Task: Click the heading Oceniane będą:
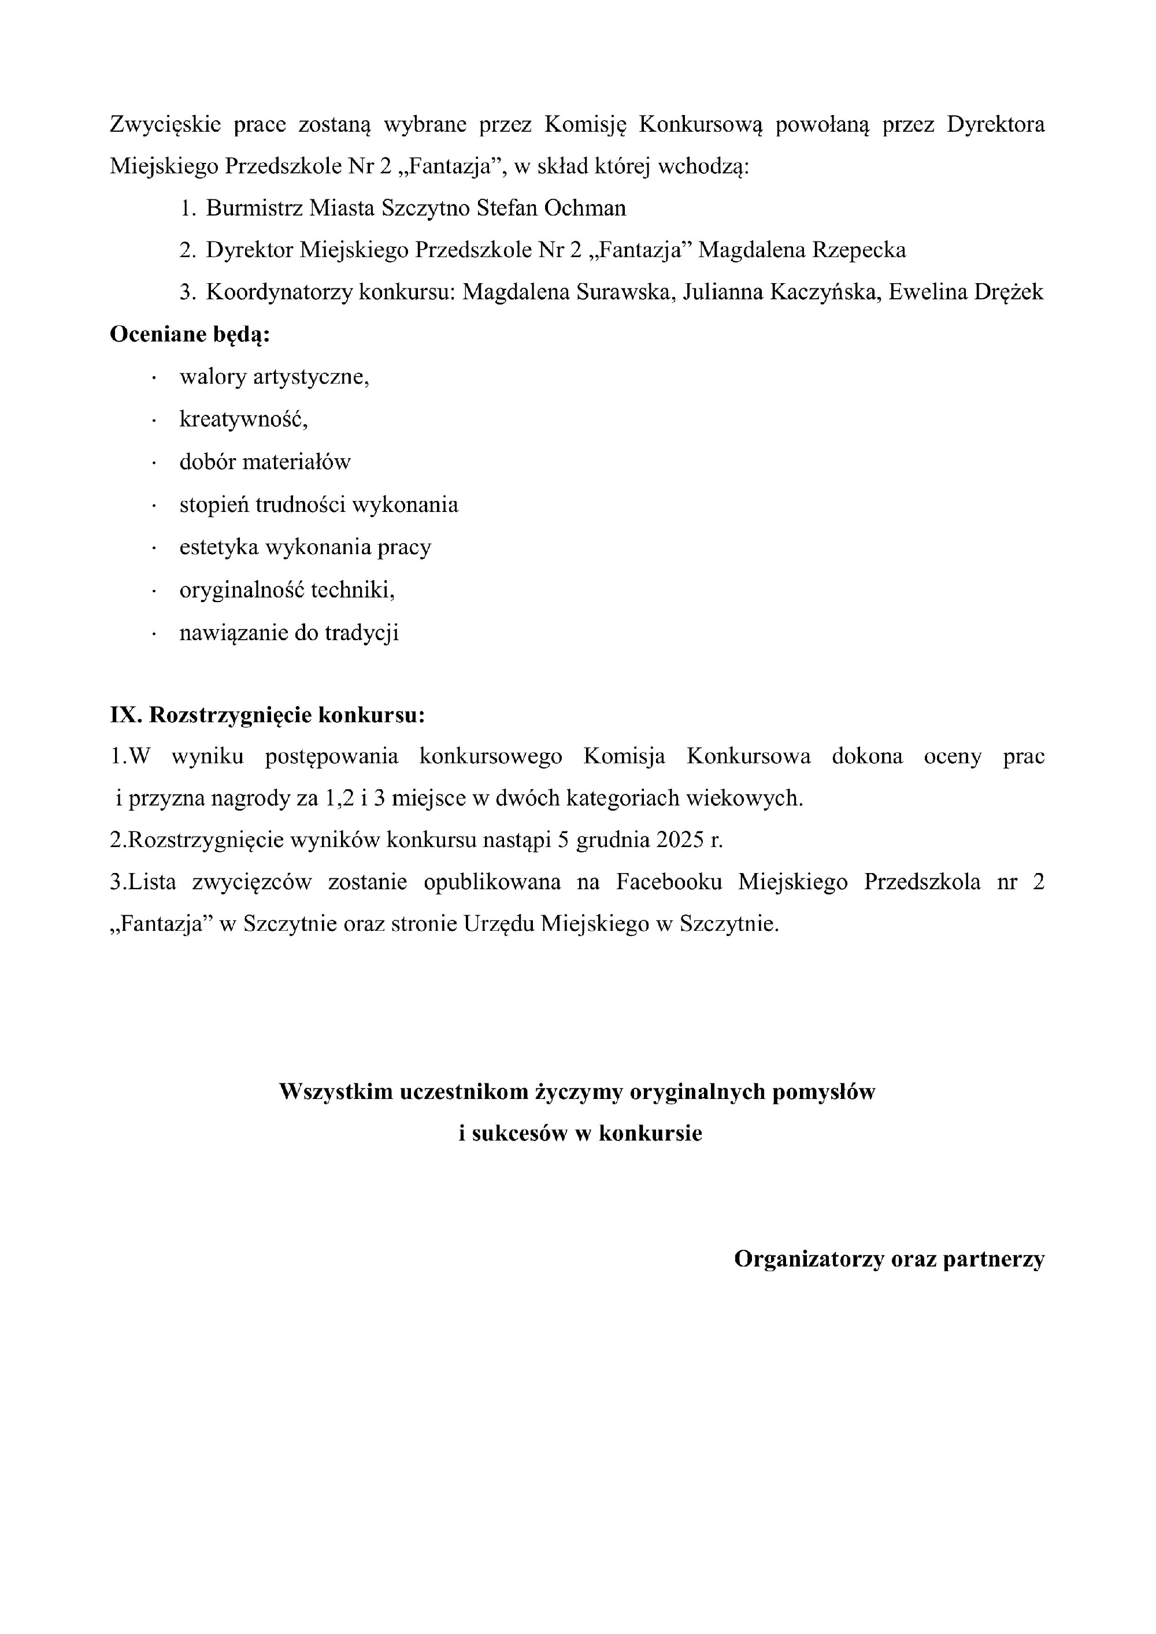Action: tap(190, 335)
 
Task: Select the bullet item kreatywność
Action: tap(243, 420)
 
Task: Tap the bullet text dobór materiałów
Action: tap(265, 463)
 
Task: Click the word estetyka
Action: tap(219, 547)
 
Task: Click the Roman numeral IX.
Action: tap(125, 715)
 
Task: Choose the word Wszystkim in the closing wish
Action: tap(335, 1091)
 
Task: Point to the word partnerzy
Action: tap(994, 1259)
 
